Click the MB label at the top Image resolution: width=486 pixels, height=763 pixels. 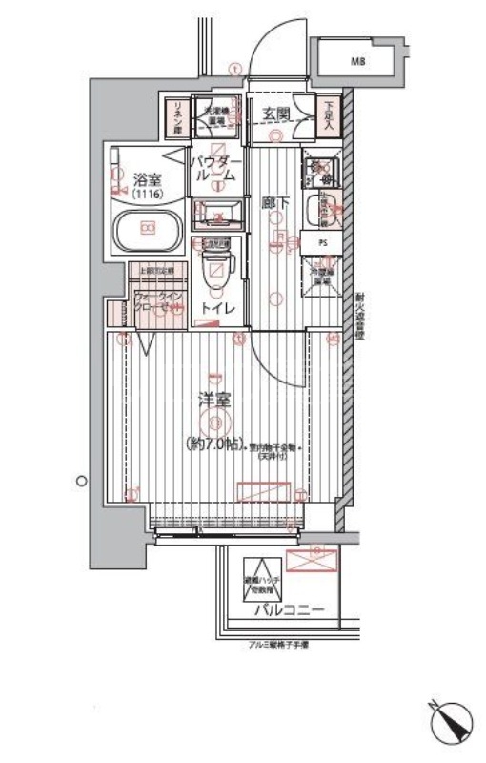pyautogui.click(x=357, y=62)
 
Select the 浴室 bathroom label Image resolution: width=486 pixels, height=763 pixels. pyautogui.click(x=145, y=178)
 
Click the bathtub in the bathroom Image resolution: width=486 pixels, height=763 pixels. pyautogui.click(x=147, y=229)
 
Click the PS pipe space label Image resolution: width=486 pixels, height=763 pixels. pyautogui.click(x=322, y=242)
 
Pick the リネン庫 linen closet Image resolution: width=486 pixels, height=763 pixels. pyautogui.click(x=174, y=118)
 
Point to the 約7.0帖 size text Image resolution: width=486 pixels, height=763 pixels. pyautogui.click(x=214, y=444)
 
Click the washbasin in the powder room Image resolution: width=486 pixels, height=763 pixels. pyautogui.click(x=219, y=212)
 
